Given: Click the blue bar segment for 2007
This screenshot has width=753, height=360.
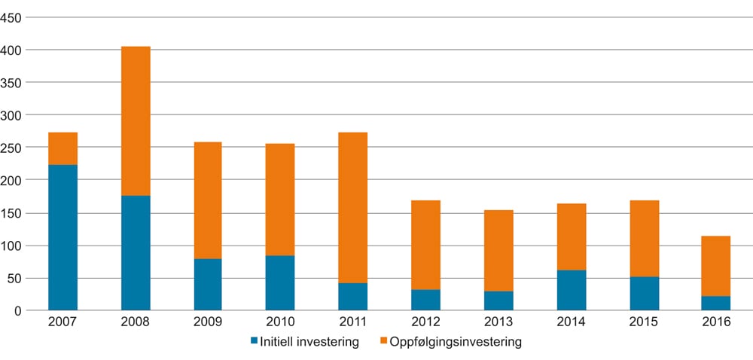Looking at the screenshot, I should pyautogui.click(x=63, y=237).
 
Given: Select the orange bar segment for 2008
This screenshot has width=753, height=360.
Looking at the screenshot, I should pyautogui.click(x=136, y=121).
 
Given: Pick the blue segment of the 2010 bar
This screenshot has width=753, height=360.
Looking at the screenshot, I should pyautogui.click(x=281, y=283).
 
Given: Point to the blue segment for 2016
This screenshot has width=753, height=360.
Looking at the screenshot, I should pyautogui.click(x=716, y=303).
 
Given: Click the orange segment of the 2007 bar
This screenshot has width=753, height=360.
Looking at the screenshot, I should pyautogui.click(x=63, y=148).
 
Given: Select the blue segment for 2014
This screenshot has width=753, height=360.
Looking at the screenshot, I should pyautogui.click(x=572, y=290).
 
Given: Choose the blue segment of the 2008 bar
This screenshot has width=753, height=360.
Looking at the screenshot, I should pyautogui.click(x=136, y=253).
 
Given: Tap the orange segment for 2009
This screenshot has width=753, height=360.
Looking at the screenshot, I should pyautogui.click(x=208, y=200).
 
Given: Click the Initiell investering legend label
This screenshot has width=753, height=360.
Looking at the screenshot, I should pyautogui.click(x=309, y=342).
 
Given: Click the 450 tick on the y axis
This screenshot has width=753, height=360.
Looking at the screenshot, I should pyautogui.click(x=14, y=17).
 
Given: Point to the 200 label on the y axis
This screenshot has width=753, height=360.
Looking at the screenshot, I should pyautogui.click(x=14, y=180).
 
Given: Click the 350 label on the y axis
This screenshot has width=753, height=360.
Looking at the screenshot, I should pyautogui.click(x=14, y=82).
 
